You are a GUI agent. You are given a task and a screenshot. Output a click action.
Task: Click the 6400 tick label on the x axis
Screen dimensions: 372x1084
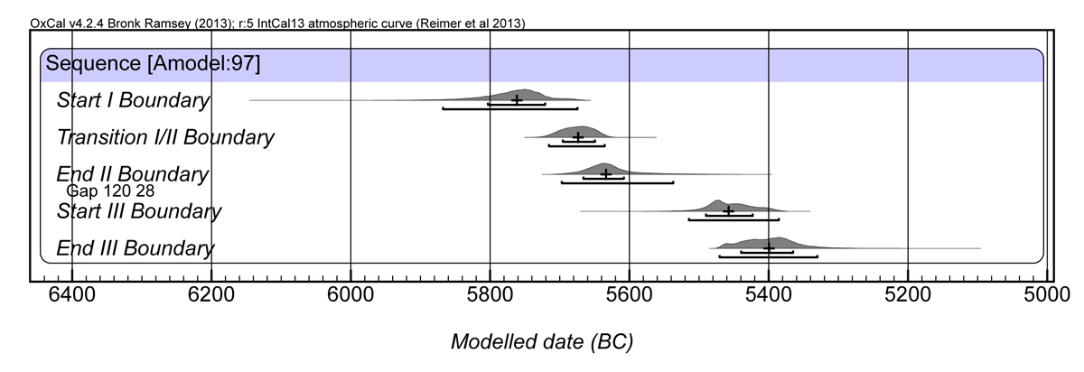71,294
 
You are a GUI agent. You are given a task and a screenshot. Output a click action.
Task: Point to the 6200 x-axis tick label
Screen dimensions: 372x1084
210,294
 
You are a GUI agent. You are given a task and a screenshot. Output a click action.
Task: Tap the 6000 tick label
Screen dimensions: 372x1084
350,294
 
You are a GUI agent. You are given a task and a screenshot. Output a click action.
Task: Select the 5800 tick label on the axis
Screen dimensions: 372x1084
490,294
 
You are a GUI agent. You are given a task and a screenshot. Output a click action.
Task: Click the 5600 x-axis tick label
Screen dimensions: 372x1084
629,294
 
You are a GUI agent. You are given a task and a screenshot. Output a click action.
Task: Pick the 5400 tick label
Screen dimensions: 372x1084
768,294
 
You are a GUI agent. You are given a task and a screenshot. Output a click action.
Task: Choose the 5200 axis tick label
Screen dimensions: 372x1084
907,294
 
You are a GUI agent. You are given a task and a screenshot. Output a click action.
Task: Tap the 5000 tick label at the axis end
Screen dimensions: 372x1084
1046,294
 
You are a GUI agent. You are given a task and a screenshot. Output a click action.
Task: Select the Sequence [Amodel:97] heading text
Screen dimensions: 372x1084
154,64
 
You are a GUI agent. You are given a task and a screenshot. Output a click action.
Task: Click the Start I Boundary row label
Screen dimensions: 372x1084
133,100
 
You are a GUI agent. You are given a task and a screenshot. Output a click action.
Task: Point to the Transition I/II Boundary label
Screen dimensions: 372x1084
165,137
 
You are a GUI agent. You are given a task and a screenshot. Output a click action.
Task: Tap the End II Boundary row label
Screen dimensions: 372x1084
132,173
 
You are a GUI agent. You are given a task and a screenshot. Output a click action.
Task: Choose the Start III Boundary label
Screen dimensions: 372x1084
138,211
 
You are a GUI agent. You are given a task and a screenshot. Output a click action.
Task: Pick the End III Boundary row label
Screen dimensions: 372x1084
135,248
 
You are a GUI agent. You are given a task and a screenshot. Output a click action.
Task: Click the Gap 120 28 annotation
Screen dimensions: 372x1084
109,191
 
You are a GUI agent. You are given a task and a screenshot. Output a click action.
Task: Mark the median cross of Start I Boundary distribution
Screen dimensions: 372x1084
517,99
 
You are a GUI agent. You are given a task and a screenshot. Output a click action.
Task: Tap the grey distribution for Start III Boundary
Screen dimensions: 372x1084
723,207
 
